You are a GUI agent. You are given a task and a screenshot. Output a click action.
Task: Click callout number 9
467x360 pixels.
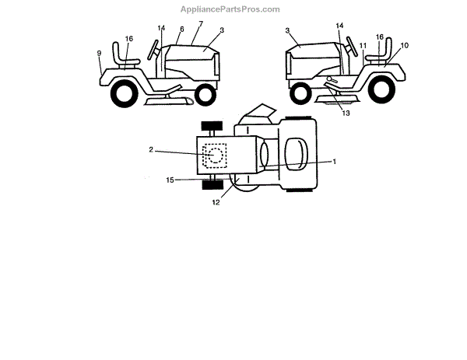point(100,53)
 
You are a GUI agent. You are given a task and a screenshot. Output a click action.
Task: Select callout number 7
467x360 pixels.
point(200,25)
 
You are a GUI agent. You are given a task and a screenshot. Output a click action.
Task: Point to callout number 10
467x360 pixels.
point(405,46)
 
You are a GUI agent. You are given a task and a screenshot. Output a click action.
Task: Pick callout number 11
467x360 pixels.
point(363,46)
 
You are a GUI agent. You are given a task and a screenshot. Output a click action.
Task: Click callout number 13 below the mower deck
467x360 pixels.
point(346,113)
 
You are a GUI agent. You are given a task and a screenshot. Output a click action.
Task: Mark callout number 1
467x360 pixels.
point(335,161)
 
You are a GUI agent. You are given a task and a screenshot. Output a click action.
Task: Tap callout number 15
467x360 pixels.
point(170,180)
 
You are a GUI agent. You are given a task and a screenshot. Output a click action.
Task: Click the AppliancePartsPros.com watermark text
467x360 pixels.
point(230,9)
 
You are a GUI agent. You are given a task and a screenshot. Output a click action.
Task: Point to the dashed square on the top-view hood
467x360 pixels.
point(214,156)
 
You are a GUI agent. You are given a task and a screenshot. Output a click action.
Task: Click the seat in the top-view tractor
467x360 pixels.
point(297,153)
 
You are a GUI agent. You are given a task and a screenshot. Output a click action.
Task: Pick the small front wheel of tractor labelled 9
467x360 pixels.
point(204,94)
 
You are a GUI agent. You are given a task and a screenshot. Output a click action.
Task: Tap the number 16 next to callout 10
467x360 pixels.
point(380,37)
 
